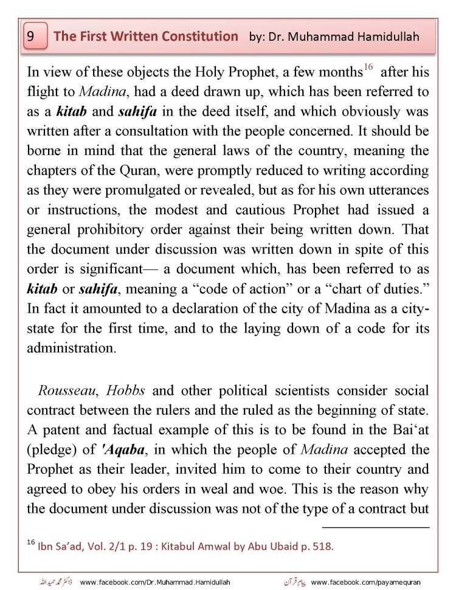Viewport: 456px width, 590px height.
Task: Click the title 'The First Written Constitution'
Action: pos(146,36)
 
